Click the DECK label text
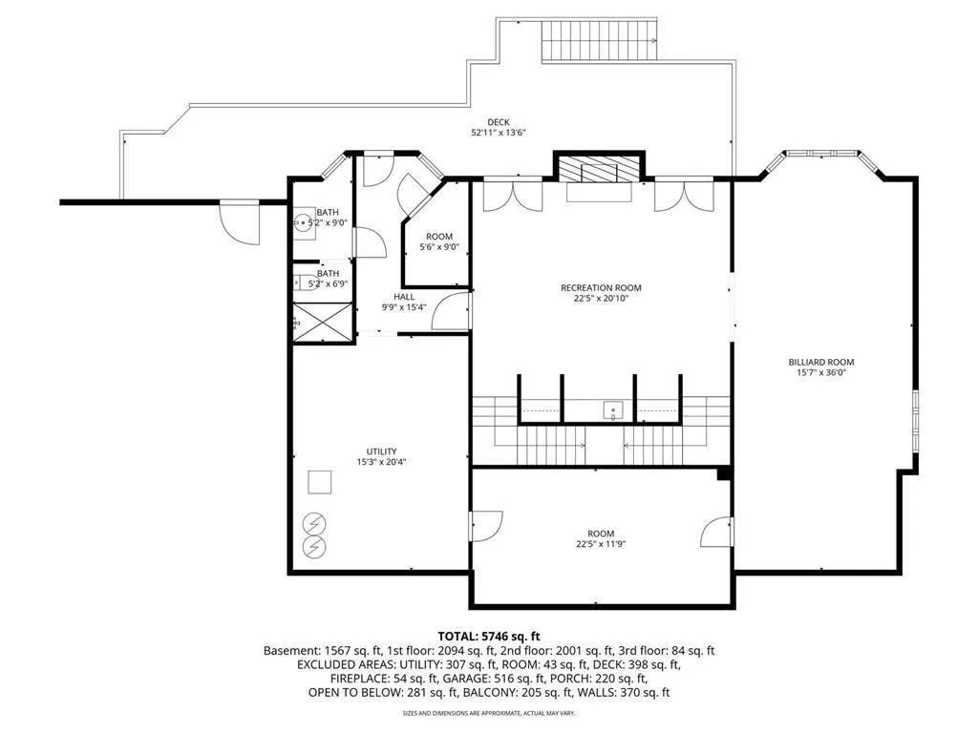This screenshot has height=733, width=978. (498, 122)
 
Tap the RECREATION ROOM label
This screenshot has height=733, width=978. (600, 287)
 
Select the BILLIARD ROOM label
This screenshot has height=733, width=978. (820, 362)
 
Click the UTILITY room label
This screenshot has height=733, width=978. (381, 451)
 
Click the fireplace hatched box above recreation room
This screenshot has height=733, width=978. (600, 168)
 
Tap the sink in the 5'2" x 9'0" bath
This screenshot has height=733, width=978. (304, 223)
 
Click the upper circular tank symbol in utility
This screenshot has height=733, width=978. (313, 523)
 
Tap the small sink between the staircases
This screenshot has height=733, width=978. (613, 410)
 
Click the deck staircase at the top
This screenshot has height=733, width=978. (600, 38)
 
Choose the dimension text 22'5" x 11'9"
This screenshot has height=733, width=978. (601, 545)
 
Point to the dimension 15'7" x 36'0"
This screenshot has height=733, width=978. (820, 373)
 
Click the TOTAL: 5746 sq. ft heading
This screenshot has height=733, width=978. (489, 636)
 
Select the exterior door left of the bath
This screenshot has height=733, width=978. (239, 221)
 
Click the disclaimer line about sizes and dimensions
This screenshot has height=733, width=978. (489, 713)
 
